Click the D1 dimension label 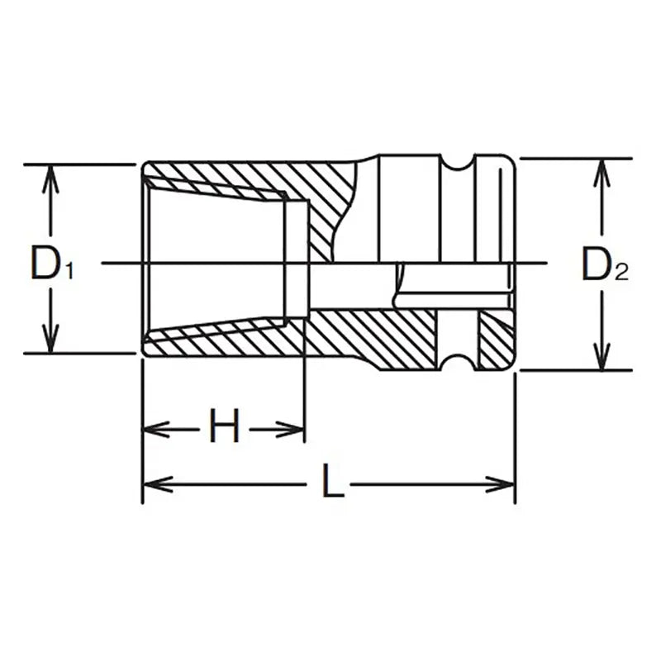tap(52, 264)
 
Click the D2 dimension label tap(605, 264)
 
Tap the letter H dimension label tap(224, 425)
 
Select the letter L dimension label tap(333, 480)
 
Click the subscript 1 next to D tap(69, 271)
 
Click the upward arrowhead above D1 tap(50, 178)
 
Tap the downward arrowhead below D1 tap(50, 339)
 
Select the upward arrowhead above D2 tap(602, 173)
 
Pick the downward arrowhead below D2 tap(602, 357)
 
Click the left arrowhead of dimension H tap(156, 430)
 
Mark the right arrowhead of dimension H tap(291, 430)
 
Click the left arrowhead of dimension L tap(158, 484)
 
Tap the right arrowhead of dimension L tap(500, 484)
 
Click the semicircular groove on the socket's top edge tap(458, 161)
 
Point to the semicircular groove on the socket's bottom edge tap(458, 363)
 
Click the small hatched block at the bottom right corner tap(497, 340)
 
